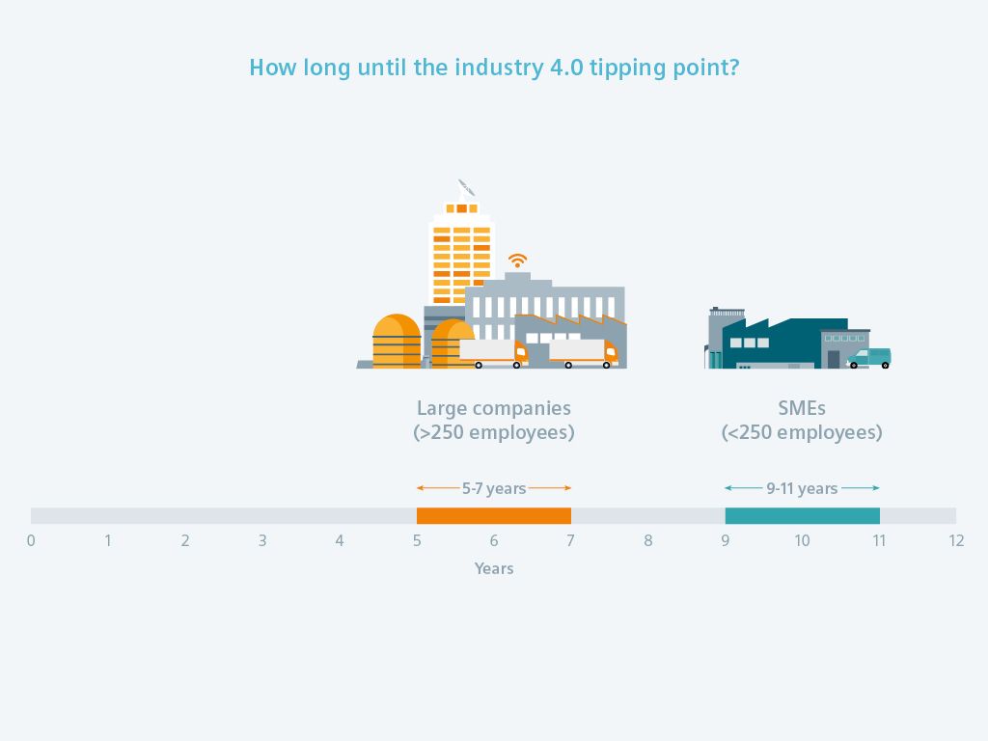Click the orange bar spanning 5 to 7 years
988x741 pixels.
[494, 515]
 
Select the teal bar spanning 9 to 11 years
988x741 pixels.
[802, 515]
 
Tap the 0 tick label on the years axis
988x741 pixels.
[31, 540]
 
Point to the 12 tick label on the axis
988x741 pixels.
[956, 540]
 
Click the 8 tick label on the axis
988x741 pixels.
[647, 540]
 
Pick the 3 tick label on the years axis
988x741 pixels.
[262, 540]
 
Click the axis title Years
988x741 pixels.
[494, 568]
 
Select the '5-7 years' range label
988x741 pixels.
[494, 488]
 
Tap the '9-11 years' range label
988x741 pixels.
[802, 488]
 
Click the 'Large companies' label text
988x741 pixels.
[494, 408]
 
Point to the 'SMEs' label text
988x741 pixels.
[802, 408]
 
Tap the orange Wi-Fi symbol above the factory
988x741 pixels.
[517, 261]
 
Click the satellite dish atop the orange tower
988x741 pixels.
[466, 188]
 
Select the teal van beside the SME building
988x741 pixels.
[869, 358]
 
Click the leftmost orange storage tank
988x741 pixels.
[397, 342]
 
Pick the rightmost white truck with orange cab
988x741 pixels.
[584, 353]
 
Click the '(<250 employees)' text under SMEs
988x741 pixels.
[802, 433]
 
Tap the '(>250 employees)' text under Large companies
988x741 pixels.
[494, 433]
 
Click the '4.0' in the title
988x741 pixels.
[566, 68]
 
